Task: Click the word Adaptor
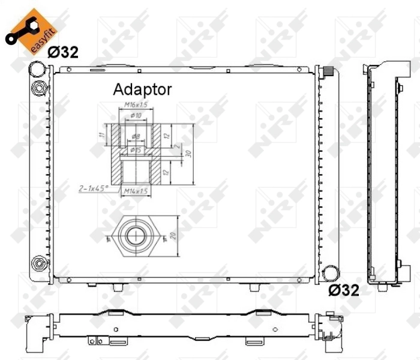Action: (x=143, y=90)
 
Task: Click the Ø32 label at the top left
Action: (x=62, y=52)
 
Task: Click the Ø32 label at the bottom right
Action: (x=343, y=291)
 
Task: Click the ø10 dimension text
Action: (x=136, y=115)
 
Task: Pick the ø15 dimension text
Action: (x=135, y=150)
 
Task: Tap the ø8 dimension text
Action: (x=136, y=137)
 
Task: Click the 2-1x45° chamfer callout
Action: (x=93, y=188)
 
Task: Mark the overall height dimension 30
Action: (x=188, y=154)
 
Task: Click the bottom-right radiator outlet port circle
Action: (x=328, y=274)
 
